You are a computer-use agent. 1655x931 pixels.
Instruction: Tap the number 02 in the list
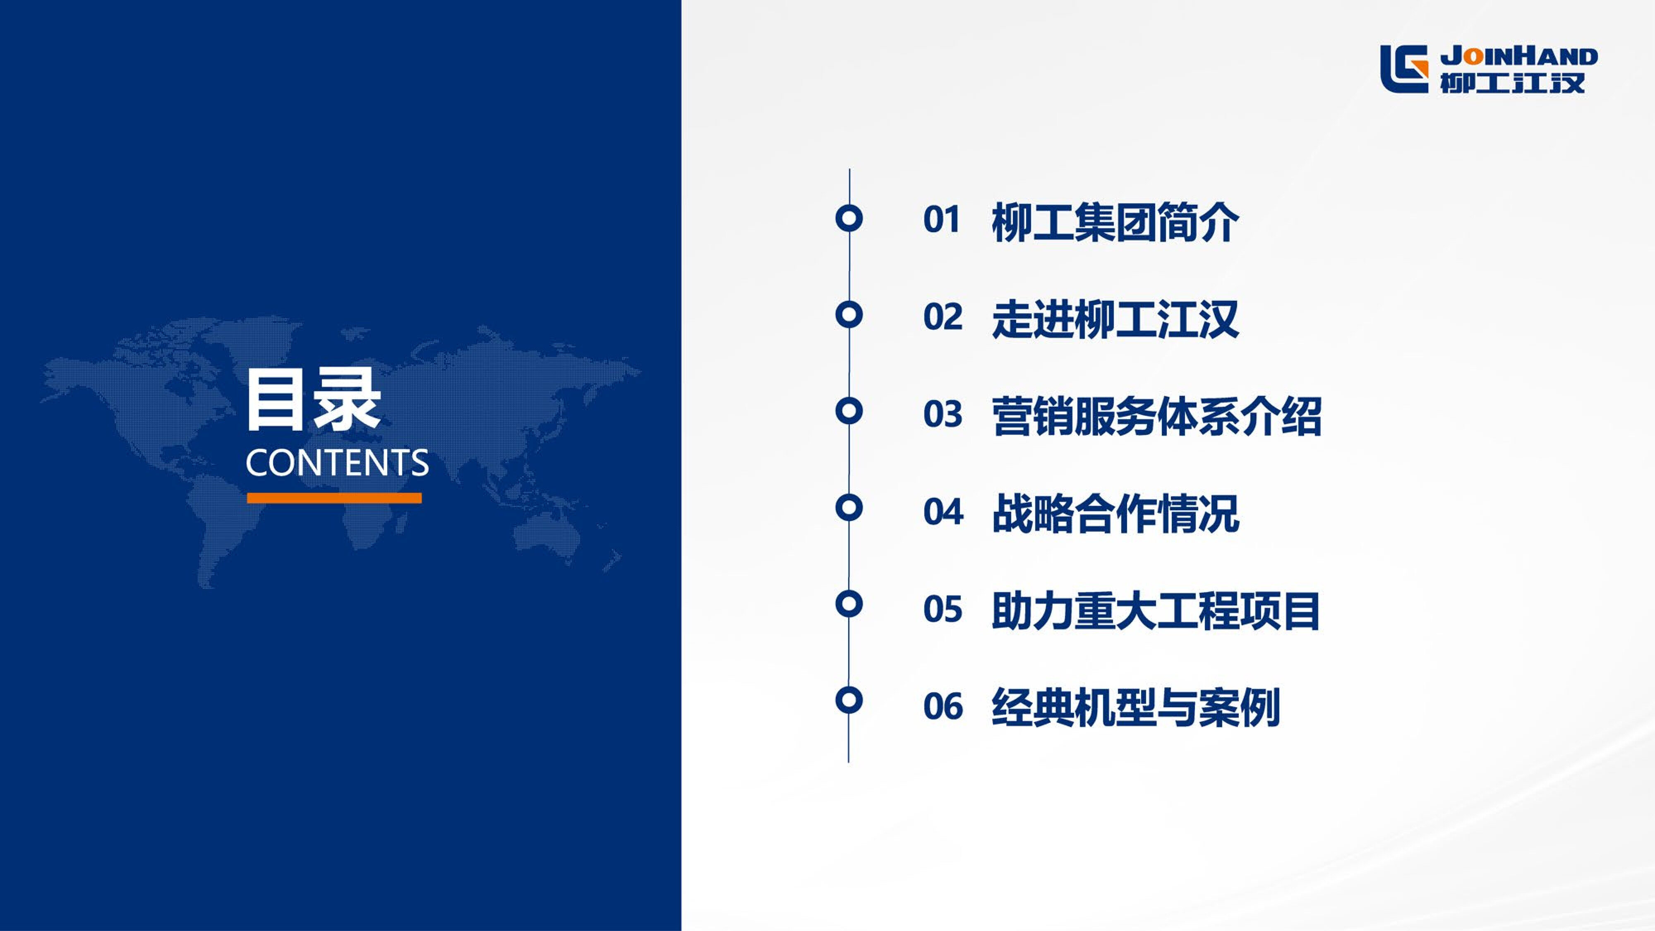[943, 317]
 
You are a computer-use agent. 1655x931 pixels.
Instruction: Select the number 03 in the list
[943, 415]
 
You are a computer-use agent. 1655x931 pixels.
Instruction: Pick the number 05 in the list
[943, 609]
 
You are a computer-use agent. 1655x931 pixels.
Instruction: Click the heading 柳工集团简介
[1115, 222]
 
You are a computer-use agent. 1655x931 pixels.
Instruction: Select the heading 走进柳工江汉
[1115, 319]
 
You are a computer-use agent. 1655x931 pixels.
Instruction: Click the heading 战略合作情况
[1115, 514]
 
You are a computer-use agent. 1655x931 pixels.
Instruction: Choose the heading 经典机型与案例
[1136, 708]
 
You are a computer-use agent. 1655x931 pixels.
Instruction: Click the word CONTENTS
[337, 463]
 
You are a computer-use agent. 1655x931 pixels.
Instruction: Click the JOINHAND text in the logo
[1519, 57]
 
